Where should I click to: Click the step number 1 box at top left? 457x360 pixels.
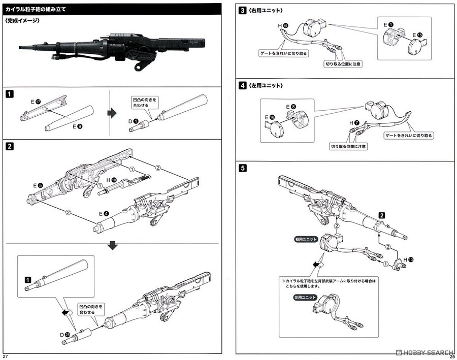(9, 93)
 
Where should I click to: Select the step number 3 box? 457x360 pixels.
(243, 10)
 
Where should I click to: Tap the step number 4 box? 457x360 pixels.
(243, 85)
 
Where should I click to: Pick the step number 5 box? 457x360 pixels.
(243, 168)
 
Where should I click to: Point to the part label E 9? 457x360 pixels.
(76, 125)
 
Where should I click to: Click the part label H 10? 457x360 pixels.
(111, 180)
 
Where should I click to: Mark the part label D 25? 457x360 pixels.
(64, 335)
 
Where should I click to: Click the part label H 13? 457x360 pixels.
(407, 259)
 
